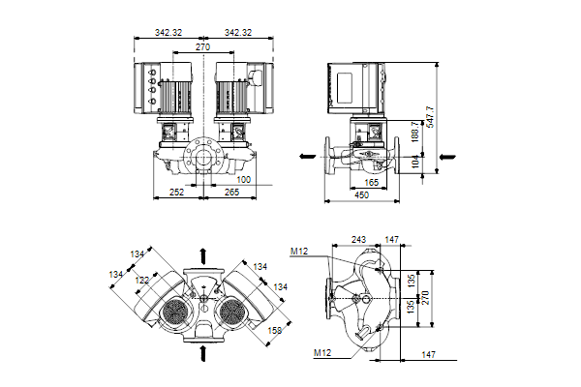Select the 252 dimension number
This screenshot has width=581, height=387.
point(177,192)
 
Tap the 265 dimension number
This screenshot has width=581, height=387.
point(230,192)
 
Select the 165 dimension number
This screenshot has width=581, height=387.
point(371,182)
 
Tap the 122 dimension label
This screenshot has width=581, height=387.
point(142,281)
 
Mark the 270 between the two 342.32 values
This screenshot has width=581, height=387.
point(203,45)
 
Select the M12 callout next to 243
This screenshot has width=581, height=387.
point(300,252)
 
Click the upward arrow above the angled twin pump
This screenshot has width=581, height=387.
point(202,255)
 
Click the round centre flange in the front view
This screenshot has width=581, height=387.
point(202,154)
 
